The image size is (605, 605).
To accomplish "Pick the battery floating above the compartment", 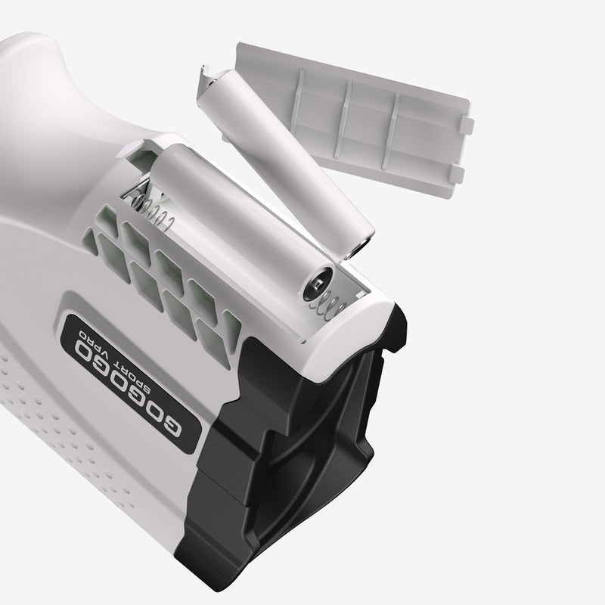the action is click(285, 162).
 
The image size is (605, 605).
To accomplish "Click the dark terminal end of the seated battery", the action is click(318, 285).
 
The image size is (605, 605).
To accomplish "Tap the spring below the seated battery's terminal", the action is click(328, 305).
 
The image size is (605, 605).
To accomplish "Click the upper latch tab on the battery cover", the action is click(467, 126).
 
